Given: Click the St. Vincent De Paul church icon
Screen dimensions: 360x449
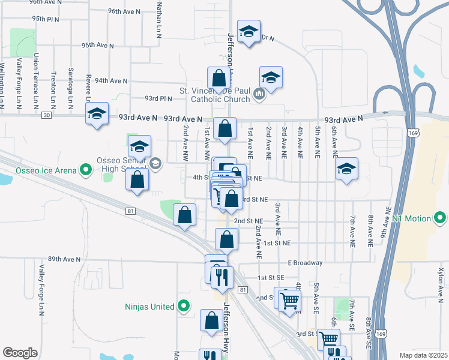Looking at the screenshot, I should click(x=259, y=94).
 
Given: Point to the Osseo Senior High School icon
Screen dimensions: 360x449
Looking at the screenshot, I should click(x=155, y=164).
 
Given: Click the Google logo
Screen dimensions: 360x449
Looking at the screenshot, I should click(x=20, y=353).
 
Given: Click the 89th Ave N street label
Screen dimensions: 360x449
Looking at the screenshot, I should click(x=64, y=259).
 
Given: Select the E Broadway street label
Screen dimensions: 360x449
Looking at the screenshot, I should click(x=305, y=263).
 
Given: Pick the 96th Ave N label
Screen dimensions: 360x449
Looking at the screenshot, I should click(x=124, y=11).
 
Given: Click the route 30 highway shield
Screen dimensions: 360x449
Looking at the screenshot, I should click(x=47, y=115).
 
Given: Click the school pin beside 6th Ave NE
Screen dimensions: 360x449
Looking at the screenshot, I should click(x=346, y=169).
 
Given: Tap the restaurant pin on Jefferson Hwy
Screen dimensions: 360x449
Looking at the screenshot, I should click(x=223, y=276).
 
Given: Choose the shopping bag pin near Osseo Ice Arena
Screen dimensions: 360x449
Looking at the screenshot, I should click(x=137, y=179).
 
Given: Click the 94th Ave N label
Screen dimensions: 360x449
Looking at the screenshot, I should click(x=111, y=80).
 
